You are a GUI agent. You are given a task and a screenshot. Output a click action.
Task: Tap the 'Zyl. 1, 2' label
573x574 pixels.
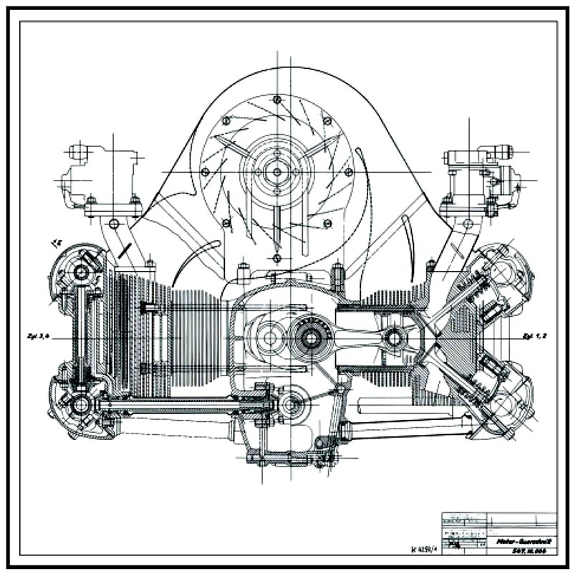tap(535, 335)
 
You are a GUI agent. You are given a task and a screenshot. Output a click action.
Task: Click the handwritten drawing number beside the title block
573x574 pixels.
tap(425, 550)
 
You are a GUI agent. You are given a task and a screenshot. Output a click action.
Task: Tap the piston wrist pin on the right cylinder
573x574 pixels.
tap(393, 336)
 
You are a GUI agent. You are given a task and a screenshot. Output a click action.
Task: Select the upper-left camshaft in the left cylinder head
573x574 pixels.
tap(80, 271)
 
